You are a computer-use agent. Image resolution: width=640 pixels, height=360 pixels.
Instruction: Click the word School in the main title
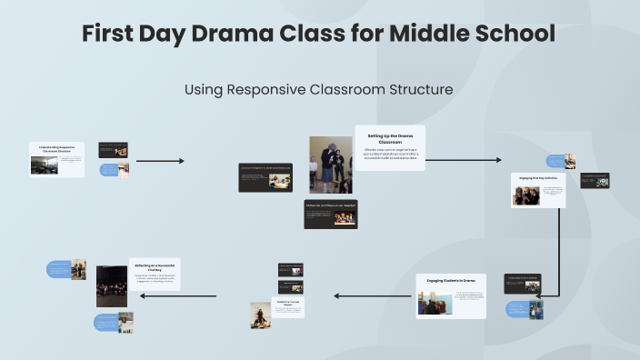click(x=510, y=34)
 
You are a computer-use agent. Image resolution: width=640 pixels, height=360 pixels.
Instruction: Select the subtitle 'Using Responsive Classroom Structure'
click(x=319, y=90)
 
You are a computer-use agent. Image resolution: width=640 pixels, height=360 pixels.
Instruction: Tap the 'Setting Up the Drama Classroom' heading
click(x=390, y=139)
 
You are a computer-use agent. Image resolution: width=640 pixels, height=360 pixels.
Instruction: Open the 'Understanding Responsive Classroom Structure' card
click(x=56, y=159)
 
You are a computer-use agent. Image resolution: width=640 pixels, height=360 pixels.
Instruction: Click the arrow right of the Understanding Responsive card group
click(x=160, y=161)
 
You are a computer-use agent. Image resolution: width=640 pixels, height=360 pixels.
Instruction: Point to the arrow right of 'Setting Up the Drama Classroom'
click(x=463, y=160)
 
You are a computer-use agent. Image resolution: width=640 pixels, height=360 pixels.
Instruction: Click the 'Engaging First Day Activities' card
click(x=538, y=190)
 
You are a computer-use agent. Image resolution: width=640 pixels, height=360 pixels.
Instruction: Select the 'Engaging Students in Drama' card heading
click(x=451, y=281)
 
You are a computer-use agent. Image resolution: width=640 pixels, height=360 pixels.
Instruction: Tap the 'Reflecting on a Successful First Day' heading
click(x=155, y=267)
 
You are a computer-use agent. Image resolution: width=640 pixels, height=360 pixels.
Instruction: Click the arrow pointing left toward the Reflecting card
click(x=193, y=295)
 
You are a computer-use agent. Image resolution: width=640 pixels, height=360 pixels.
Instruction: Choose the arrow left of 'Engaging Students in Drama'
click(x=374, y=295)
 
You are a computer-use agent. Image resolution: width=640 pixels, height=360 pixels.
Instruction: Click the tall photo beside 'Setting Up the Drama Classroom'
click(x=330, y=165)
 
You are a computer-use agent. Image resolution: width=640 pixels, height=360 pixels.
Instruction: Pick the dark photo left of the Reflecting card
click(x=112, y=285)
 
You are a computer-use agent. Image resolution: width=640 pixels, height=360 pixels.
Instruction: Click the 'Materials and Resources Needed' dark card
click(x=330, y=214)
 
